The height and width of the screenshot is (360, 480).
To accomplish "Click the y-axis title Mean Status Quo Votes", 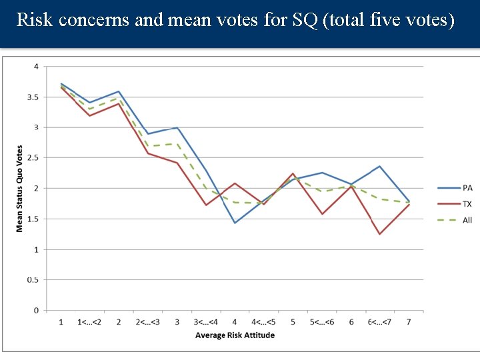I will click(x=19, y=189).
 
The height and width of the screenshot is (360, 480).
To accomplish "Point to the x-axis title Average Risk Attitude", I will click(x=235, y=335).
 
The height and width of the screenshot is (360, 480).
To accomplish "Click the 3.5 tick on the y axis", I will click(x=31, y=97).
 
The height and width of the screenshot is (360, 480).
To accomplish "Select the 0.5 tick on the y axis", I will click(x=31, y=280).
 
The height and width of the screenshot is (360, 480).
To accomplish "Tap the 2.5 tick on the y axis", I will click(x=31, y=158).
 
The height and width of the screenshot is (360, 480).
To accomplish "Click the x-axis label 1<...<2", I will click(x=90, y=323).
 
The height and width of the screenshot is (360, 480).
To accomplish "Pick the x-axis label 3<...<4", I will click(x=206, y=323).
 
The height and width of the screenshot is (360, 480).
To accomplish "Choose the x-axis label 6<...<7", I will click(x=379, y=323).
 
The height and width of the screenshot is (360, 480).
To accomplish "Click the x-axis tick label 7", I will click(x=409, y=323).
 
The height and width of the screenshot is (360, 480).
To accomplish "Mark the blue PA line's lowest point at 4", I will click(x=235, y=223).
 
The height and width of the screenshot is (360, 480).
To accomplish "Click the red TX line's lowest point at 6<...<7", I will click(x=379, y=234).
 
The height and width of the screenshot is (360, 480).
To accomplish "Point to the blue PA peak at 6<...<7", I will click(x=379, y=166).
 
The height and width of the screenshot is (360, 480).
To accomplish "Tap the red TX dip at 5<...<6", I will click(x=322, y=214).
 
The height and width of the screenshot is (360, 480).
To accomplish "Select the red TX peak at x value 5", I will click(x=293, y=173).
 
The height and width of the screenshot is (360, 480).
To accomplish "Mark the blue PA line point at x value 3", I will click(x=177, y=127).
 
